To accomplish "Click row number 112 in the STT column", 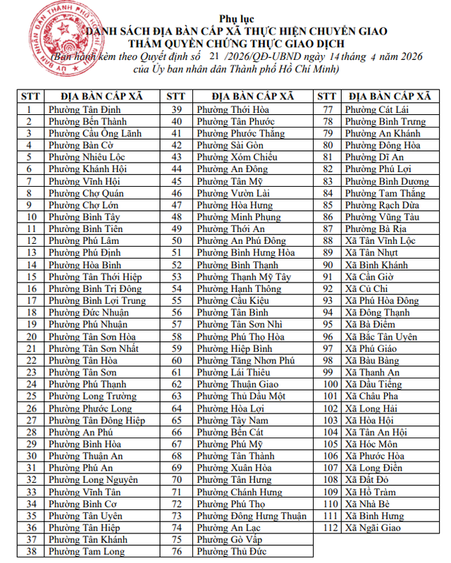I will tap(328, 528).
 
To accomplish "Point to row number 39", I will tap(177, 109).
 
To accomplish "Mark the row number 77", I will tap(328, 109).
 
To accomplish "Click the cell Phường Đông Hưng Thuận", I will tap(247, 516).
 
